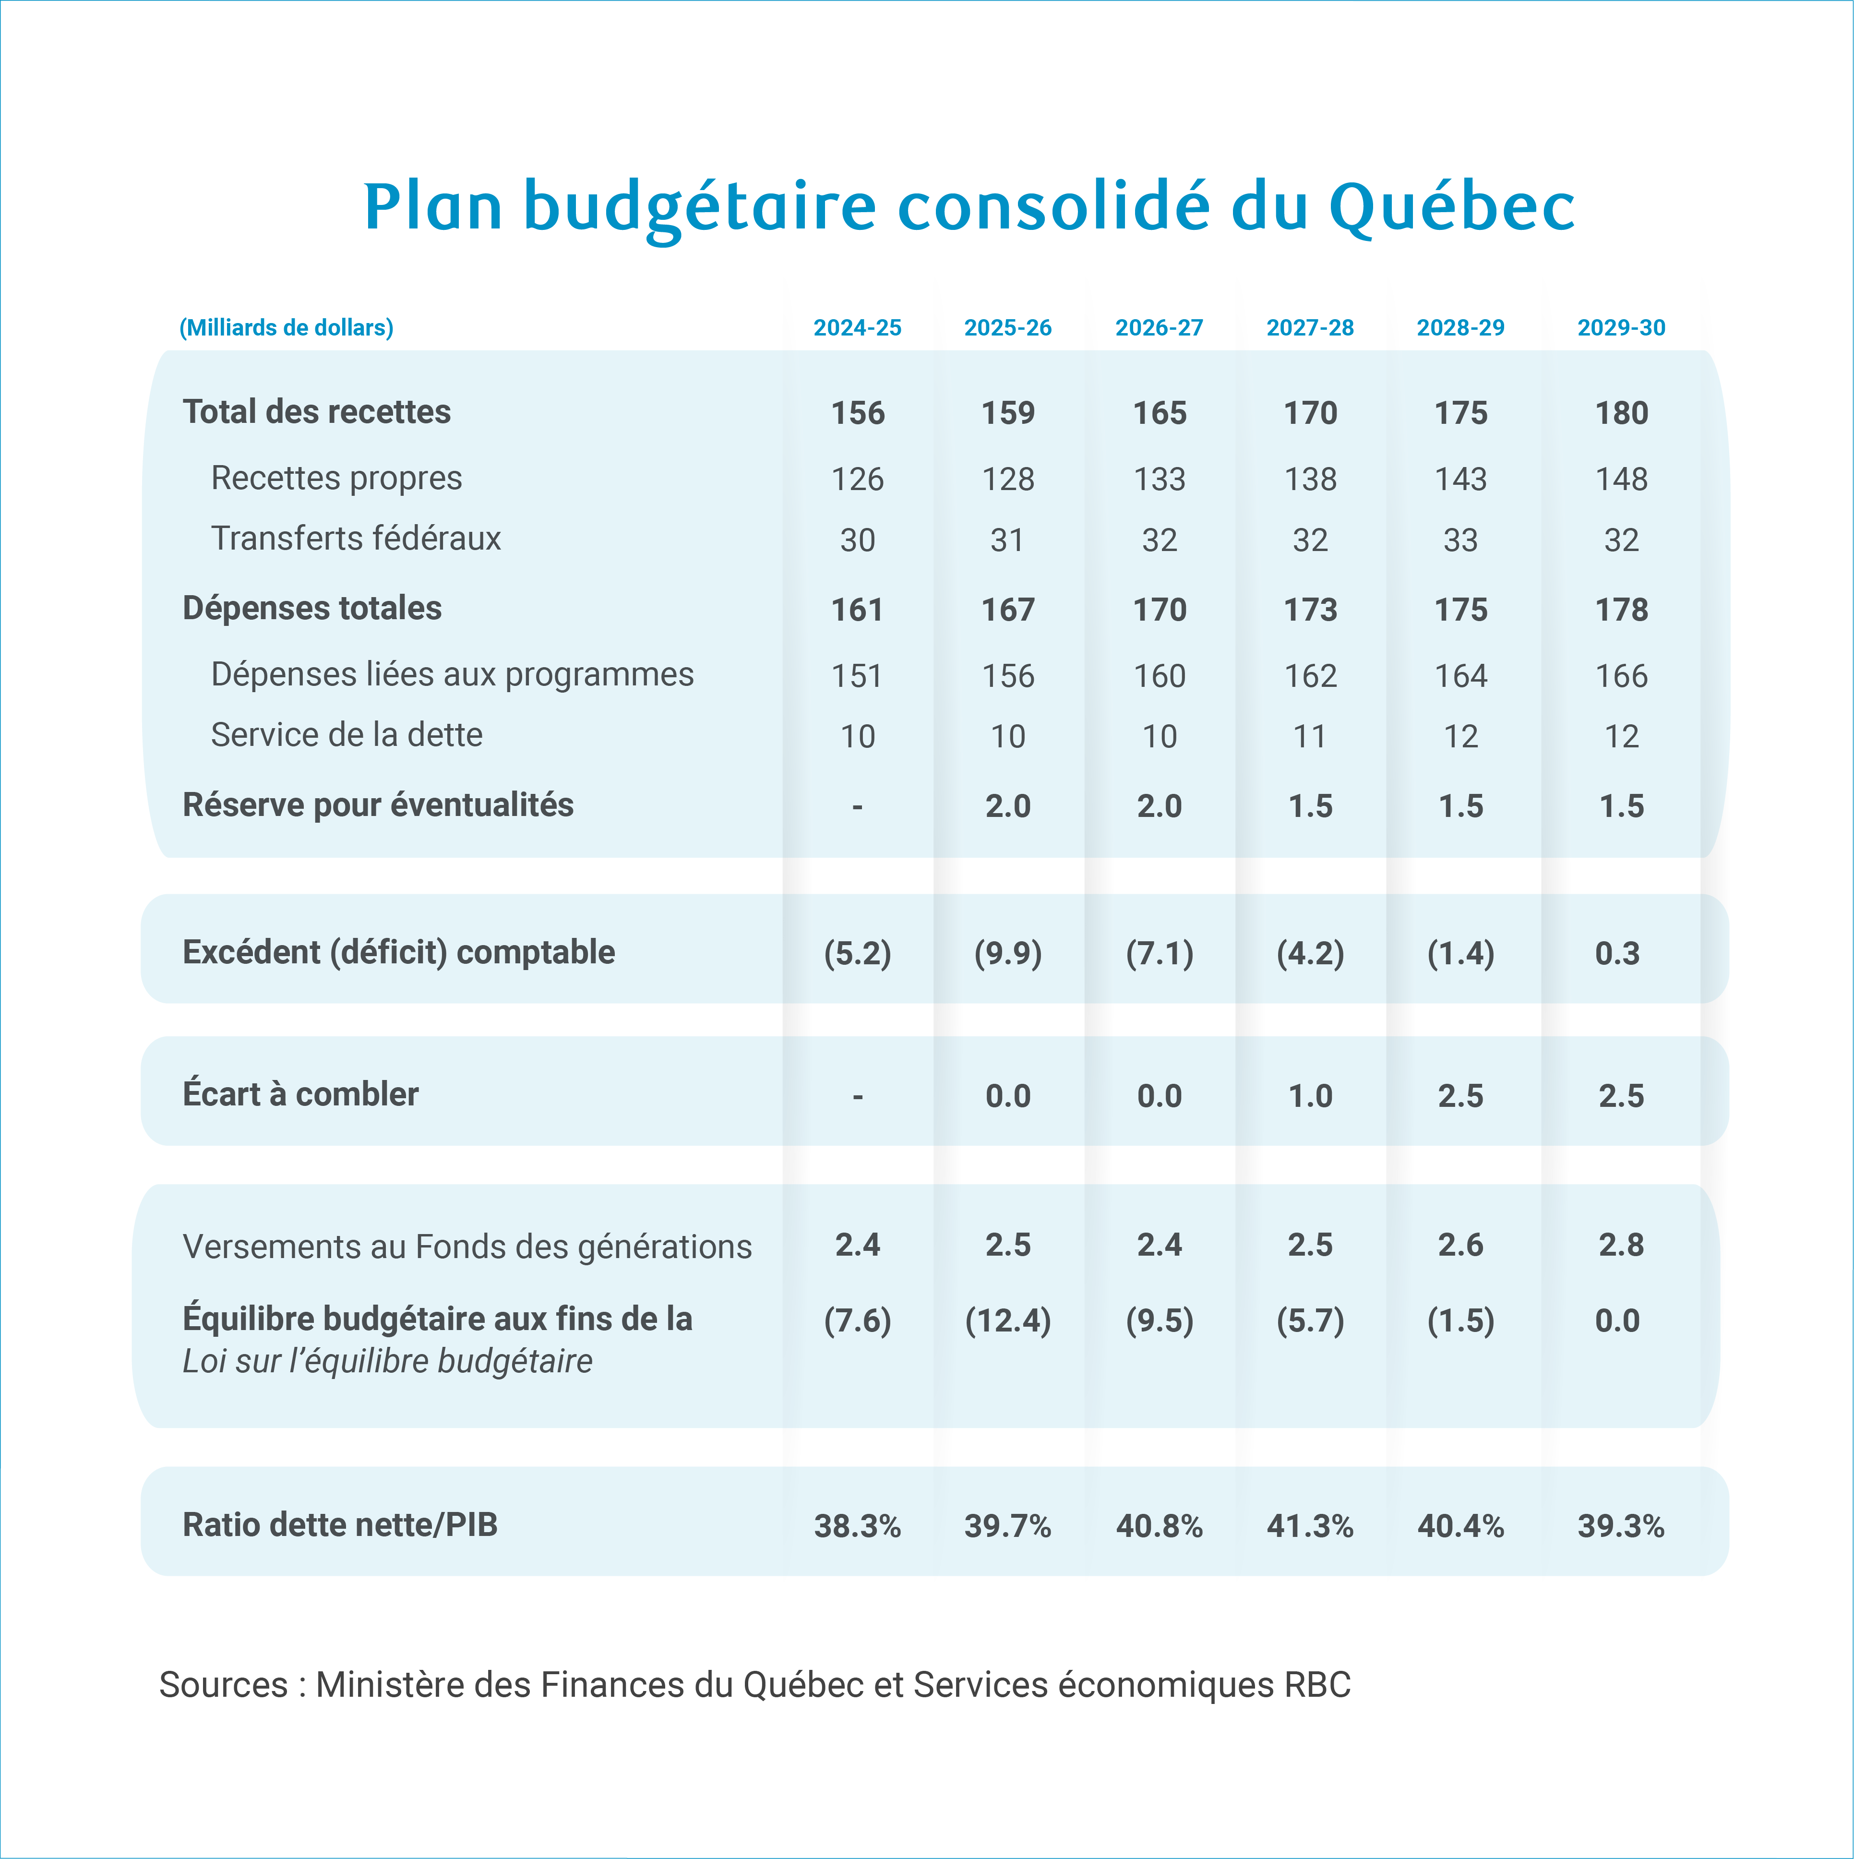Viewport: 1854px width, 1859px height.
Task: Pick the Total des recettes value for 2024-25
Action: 857,413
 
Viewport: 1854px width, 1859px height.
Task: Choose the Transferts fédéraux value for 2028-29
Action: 1460,540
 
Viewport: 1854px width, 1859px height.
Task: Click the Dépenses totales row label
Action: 312,608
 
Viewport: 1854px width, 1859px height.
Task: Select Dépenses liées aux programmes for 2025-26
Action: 1007,675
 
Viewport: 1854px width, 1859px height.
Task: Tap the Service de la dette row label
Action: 347,735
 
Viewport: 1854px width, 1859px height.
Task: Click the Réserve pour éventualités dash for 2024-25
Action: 857,806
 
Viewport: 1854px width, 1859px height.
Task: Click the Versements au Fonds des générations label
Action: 466,1246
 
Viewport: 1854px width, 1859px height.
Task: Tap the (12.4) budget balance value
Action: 1007,1320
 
